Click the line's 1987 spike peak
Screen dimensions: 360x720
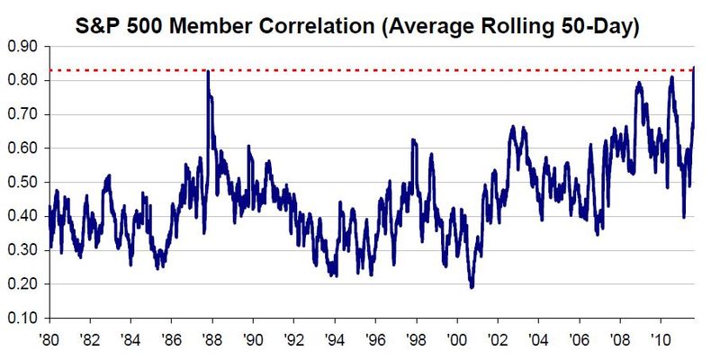point(208,71)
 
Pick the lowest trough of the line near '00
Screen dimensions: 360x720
point(472,286)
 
